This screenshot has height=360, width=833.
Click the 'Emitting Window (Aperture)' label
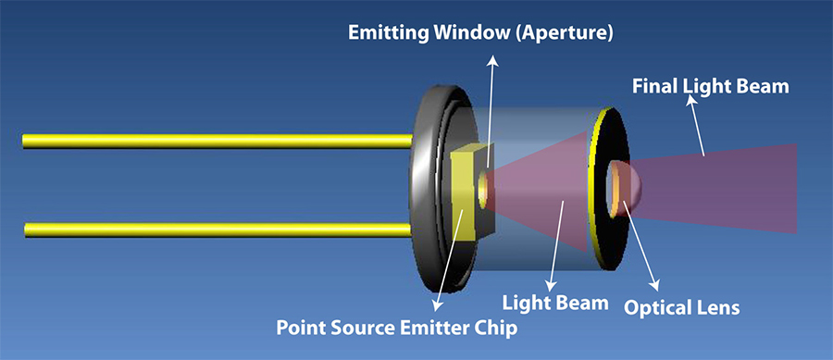tap(480, 32)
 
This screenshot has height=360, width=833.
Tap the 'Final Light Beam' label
tap(710, 86)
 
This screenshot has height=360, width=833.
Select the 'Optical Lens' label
tap(681, 307)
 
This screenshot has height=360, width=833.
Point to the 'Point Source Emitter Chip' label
tap(396, 328)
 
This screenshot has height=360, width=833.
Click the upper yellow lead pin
tap(218, 141)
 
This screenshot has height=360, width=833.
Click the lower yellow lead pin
tap(218, 230)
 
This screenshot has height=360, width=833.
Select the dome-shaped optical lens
tap(626, 189)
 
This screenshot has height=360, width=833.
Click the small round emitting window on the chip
tap(483, 190)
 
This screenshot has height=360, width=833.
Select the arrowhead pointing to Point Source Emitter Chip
tap(437, 304)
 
